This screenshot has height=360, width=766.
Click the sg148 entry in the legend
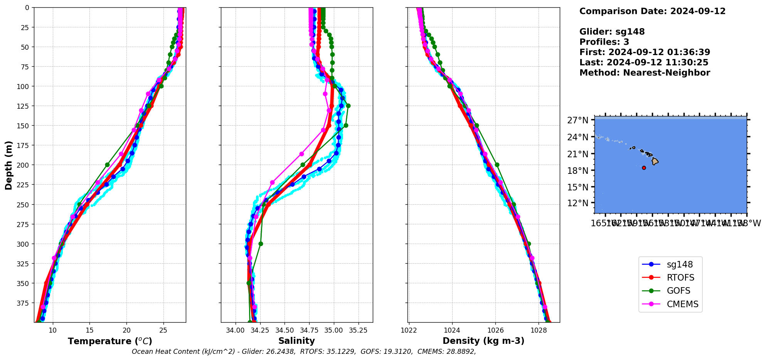679,264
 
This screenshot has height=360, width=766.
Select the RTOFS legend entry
680,278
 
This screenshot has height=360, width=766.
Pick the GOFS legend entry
678,291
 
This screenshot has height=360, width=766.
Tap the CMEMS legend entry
682,304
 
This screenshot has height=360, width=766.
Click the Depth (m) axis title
8,165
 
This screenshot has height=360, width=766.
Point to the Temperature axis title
110,341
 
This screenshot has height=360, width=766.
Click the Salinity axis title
296,341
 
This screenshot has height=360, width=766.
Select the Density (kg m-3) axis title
483,341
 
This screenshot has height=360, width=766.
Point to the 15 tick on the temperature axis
90,330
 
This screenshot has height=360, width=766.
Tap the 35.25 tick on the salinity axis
359,330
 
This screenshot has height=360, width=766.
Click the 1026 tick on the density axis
495,330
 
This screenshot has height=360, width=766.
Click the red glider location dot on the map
644,168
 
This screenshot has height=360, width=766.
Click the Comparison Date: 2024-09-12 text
652,11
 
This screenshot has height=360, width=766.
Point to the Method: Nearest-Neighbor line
645,73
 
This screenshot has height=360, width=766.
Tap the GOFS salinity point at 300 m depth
261,244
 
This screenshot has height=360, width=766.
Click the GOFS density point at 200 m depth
497,165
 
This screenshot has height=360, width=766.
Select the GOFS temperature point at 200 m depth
107,165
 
